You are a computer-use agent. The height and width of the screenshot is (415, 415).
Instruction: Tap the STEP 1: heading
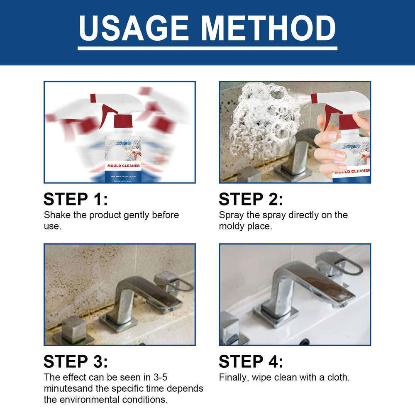(76, 200)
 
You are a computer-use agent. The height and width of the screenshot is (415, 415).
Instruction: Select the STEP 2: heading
(251, 200)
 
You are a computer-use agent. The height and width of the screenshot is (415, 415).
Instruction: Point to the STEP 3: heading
(76, 361)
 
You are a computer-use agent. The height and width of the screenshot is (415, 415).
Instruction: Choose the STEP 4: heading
(251, 361)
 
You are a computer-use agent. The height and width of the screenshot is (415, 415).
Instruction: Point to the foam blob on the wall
(266, 118)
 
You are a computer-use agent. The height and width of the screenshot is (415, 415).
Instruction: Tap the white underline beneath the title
(207, 48)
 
